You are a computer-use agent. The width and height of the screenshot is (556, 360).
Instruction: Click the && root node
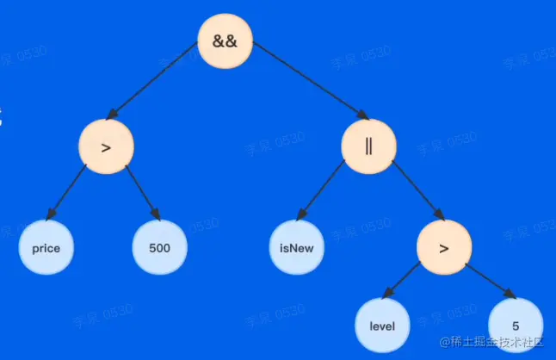(225, 40)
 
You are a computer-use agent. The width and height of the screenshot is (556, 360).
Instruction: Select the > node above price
(107, 147)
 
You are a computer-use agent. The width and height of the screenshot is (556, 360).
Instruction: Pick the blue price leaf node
(46, 248)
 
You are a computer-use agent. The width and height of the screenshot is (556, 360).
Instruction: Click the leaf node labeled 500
(159, 248)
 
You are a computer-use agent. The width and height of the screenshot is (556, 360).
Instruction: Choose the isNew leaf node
(297, 248)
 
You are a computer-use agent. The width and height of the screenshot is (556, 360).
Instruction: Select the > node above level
(444, 249)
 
